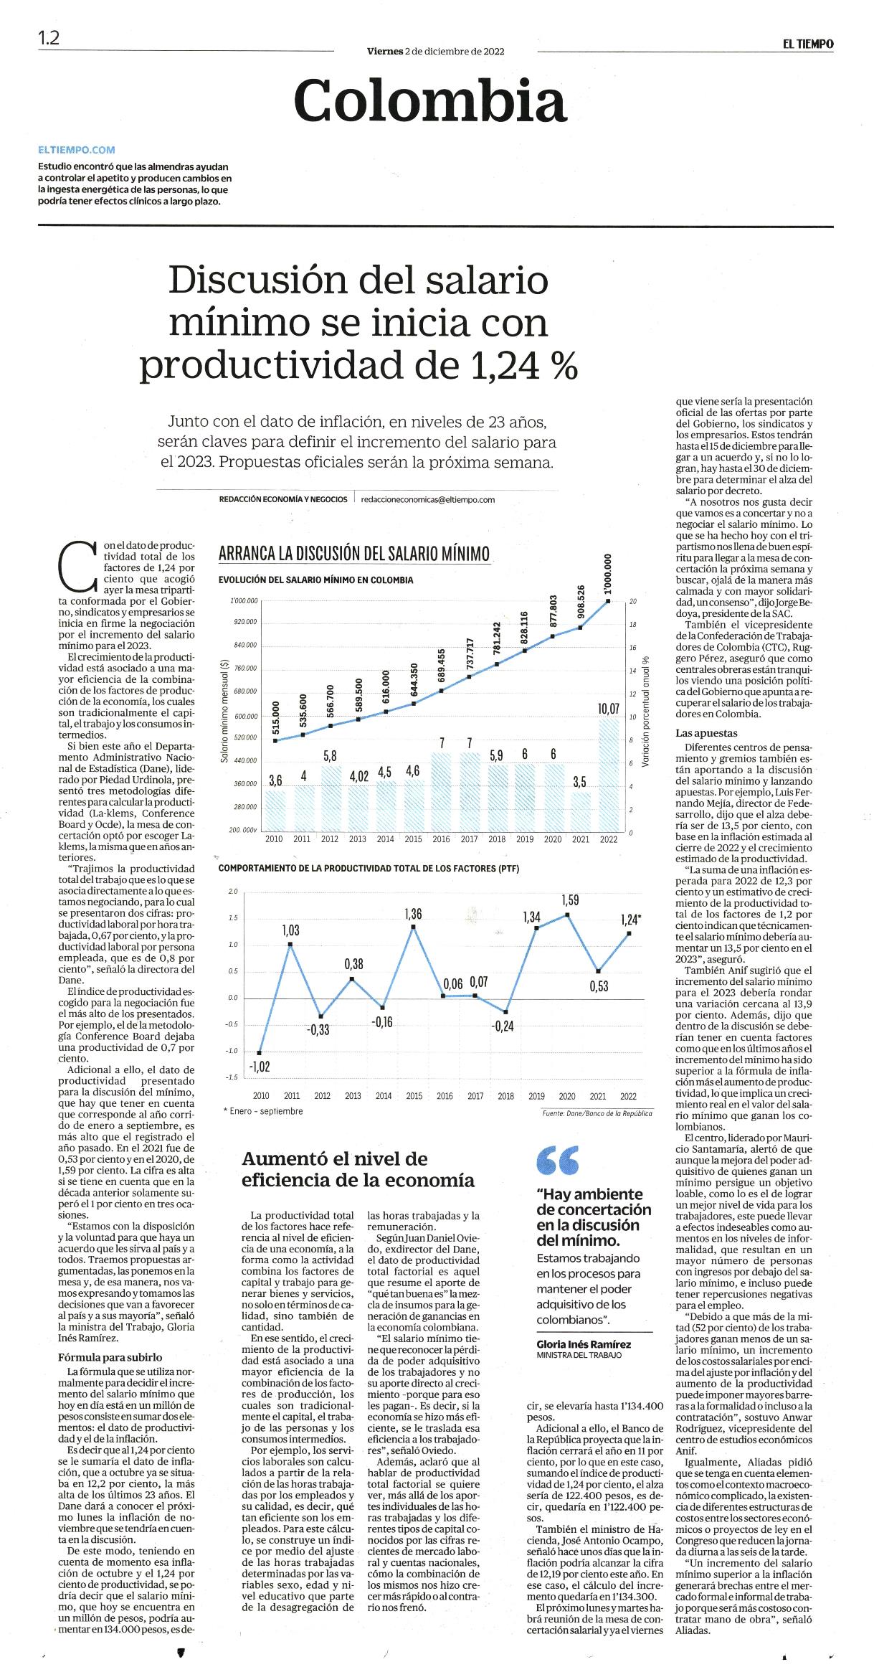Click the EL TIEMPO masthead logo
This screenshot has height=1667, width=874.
[x=808, y=44]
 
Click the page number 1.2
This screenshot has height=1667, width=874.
[x=49, y=38]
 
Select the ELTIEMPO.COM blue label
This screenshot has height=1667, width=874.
[x=77, y=150]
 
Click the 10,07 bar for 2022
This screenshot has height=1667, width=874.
[x=609, y=775]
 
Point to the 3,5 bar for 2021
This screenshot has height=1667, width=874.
[x=581, y=812]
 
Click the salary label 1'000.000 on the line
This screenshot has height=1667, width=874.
[x=609, y=574]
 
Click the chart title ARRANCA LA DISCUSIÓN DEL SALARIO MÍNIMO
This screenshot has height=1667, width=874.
[x=354, y=554]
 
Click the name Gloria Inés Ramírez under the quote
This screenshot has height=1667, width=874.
[x=584, y=1344]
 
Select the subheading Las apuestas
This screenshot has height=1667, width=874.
[x=706, y=733]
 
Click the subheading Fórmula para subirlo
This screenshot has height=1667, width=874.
[x=110, y=1356]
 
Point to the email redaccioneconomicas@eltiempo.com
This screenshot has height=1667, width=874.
[x=428, y=499]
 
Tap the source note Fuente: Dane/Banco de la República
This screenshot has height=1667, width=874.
[x=597, y=1114]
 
